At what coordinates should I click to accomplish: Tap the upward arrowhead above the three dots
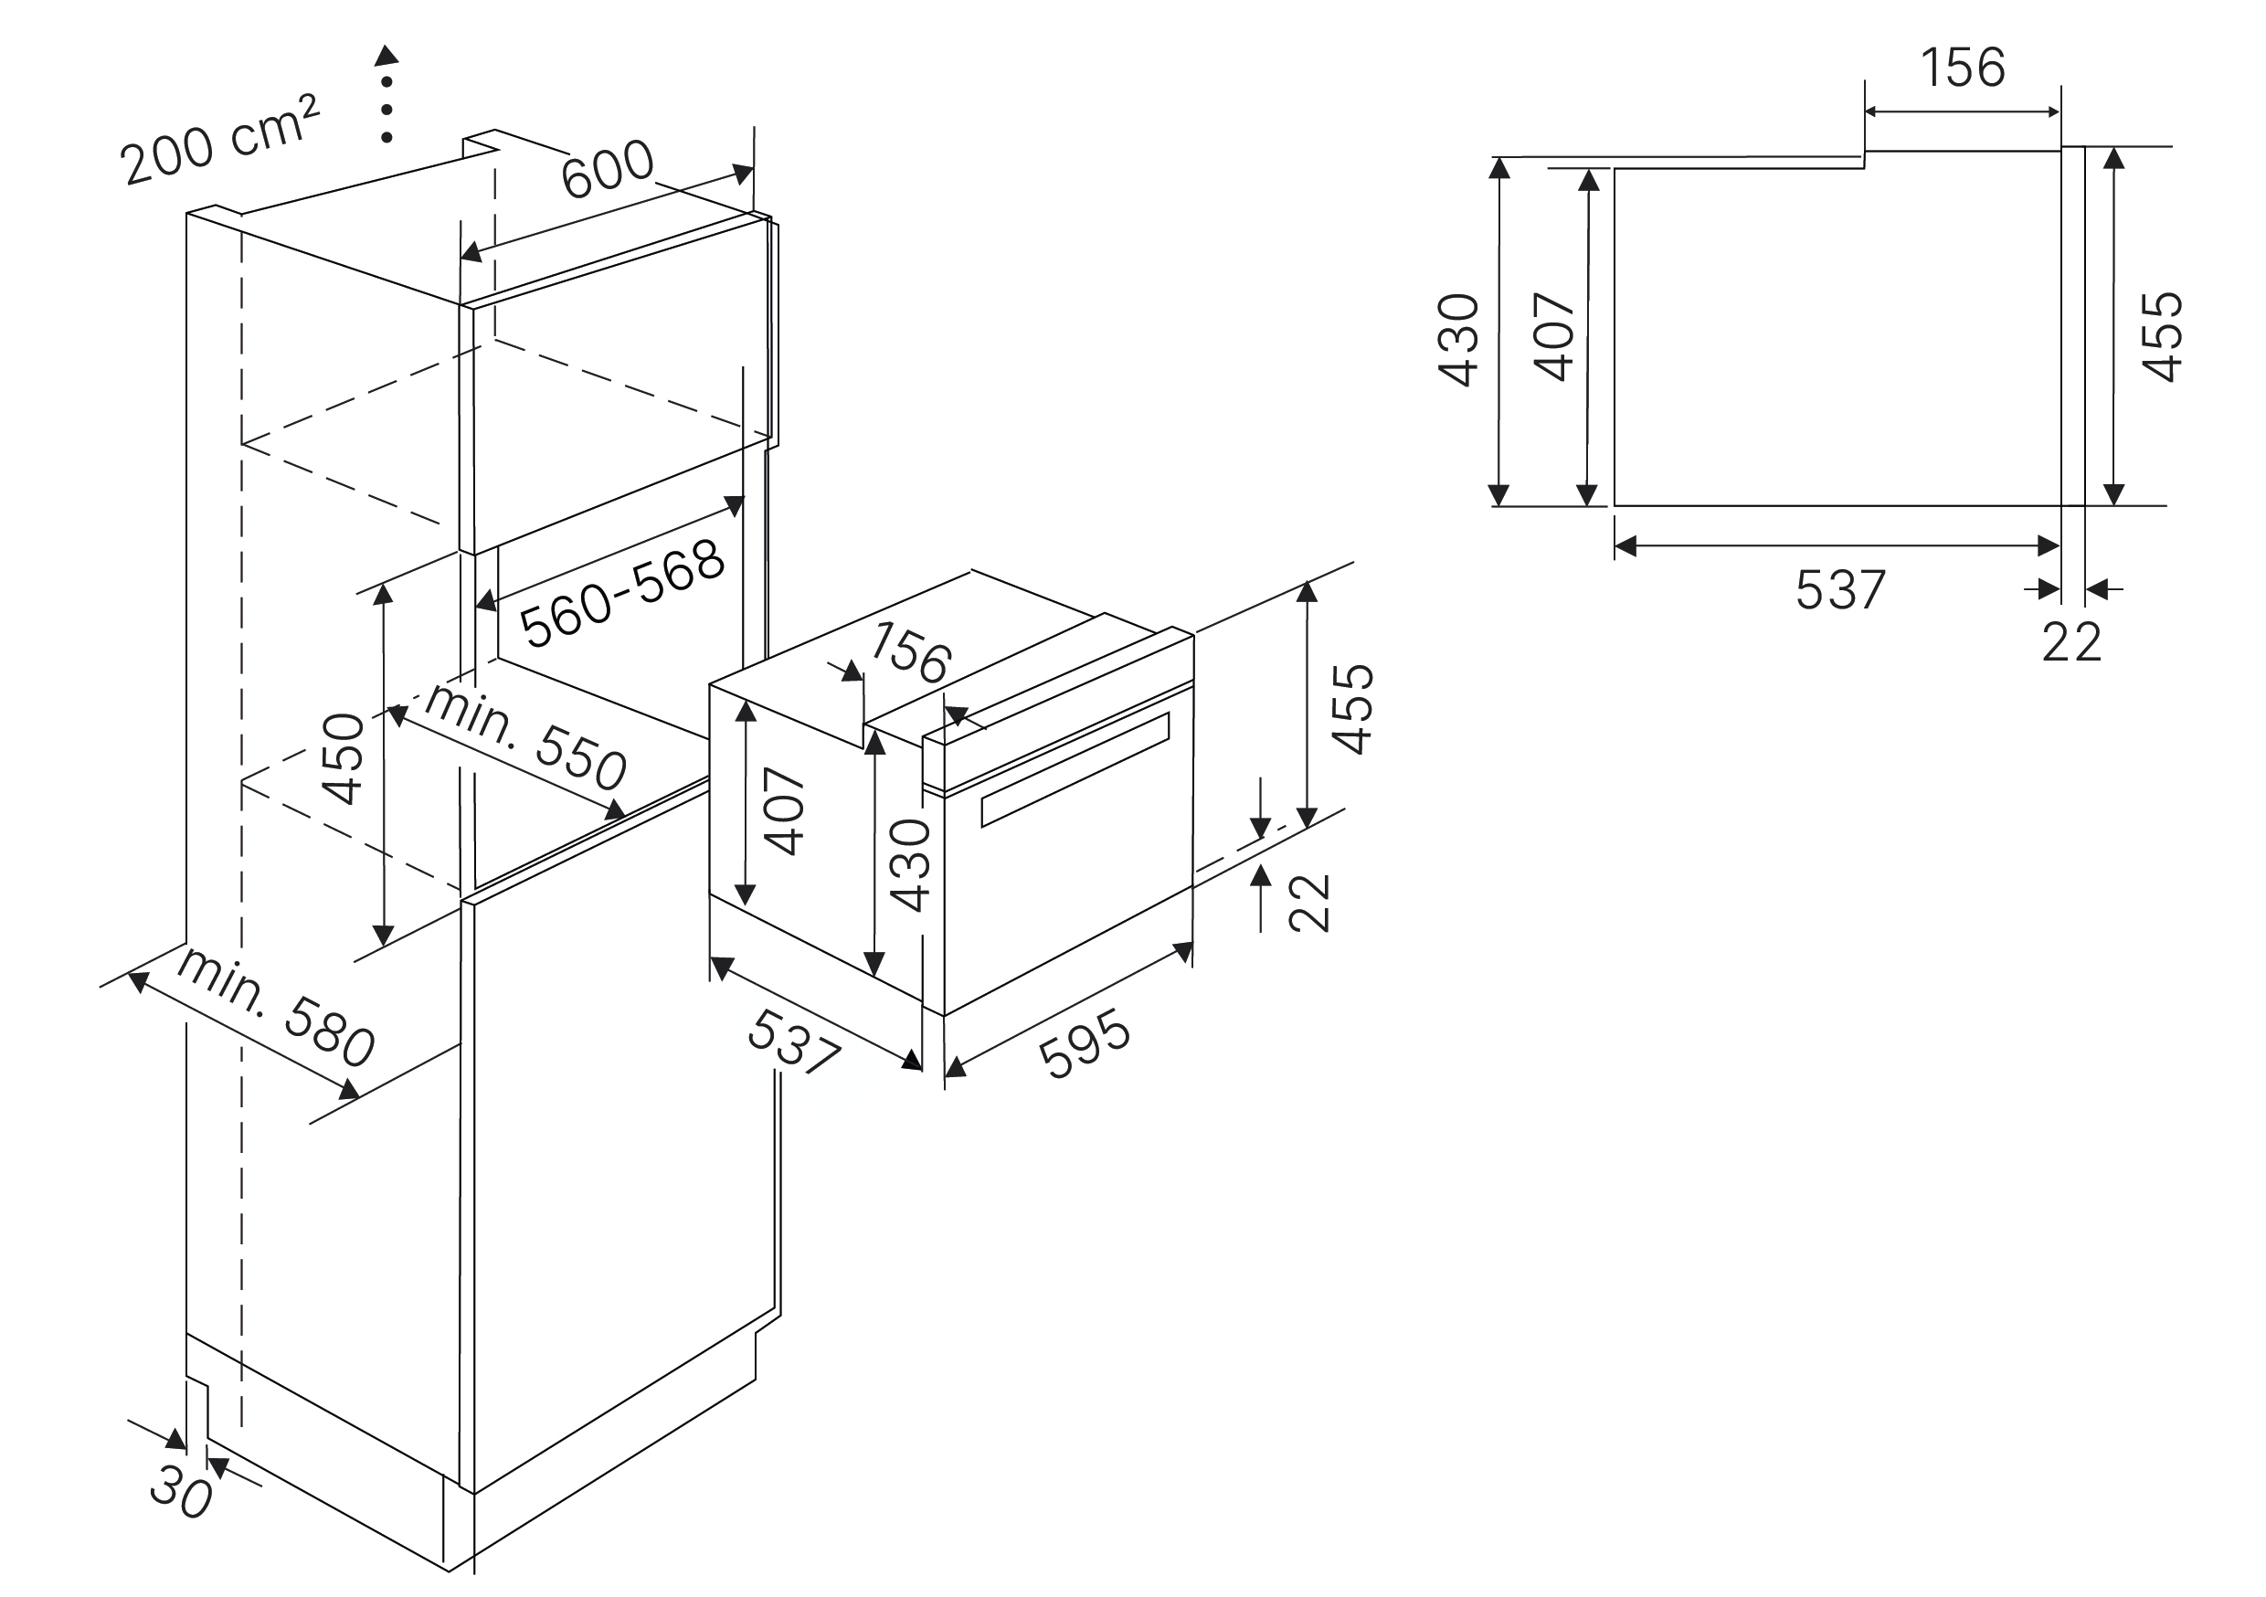[386, 54]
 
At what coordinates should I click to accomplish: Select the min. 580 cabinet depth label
[275, 1007]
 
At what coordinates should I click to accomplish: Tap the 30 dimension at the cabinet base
[181, 1490]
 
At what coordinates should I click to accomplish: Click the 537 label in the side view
[1839, 590]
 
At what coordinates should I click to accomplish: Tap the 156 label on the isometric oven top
[909, 651]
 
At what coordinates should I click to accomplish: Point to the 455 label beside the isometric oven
[1353, 708]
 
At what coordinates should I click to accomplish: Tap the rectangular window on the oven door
[1075, 770]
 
